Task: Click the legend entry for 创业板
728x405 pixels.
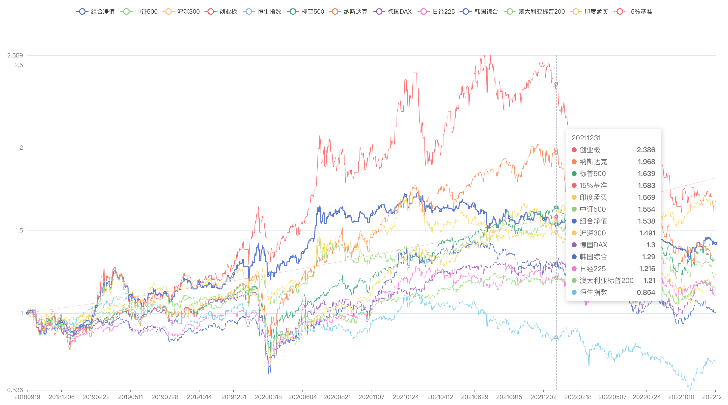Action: (x=222, y=12)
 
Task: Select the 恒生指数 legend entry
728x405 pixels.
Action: (x=263, y=12)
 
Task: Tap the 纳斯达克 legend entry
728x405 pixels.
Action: (x=349, y=12)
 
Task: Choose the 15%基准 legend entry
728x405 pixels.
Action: (x=634, y=12)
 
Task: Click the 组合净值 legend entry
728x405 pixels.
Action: (x=96, y=12)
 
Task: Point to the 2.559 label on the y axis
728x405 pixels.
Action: (x=15, y=55)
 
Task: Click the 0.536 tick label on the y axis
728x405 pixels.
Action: (x=15, y=390)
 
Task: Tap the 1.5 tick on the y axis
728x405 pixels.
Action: (x=19, y=230)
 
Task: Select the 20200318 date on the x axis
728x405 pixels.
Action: (x=268, y=397)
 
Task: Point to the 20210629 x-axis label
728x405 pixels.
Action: (x=475, y=397)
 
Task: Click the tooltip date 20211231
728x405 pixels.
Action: (x=586, y=138)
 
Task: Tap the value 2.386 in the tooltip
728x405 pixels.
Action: (x=646, y=150)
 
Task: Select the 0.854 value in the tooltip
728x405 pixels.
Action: (x=646, y=292)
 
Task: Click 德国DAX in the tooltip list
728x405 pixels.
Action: (x=593, y=245)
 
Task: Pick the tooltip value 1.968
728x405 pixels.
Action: (x=646, y=162)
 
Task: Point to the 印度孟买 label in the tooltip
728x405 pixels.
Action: (x=593, y=197)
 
